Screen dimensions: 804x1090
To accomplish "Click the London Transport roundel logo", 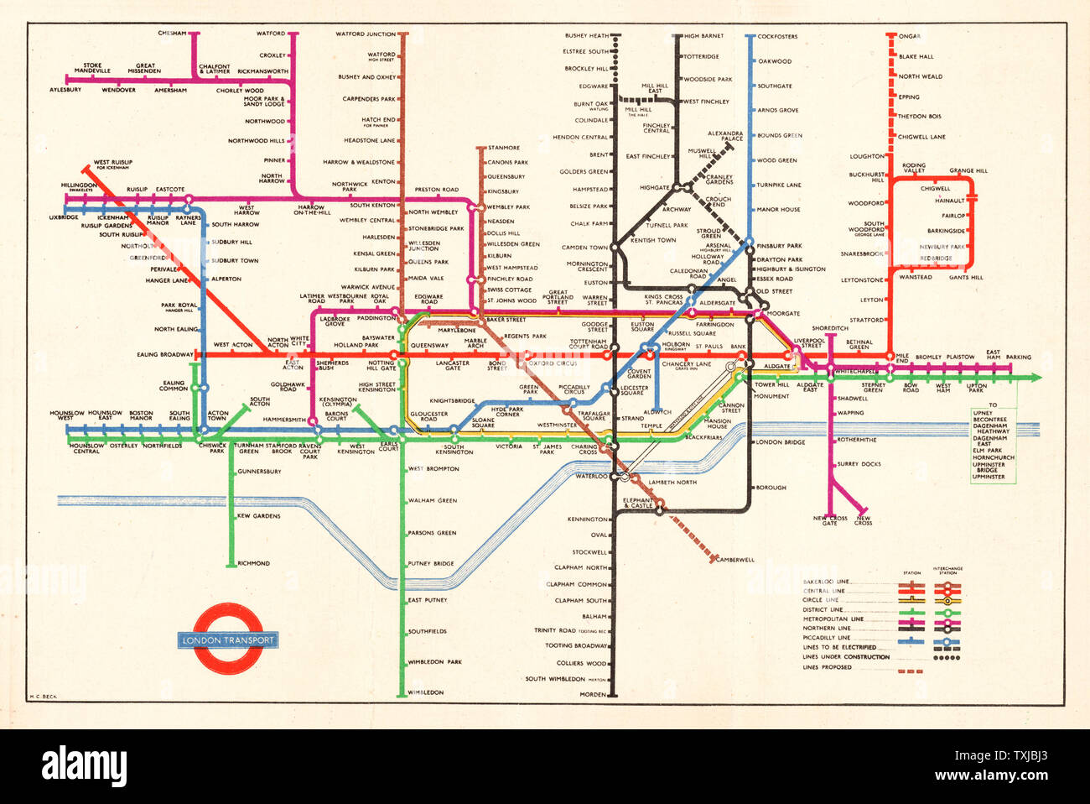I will point(228,639).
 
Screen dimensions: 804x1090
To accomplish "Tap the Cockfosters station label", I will point(777,37).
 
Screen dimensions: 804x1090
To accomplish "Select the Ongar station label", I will point(910,36).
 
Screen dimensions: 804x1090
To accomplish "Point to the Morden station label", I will point(593,695).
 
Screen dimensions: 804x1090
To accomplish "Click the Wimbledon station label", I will point(426,692).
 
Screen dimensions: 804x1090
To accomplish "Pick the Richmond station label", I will point(253,564).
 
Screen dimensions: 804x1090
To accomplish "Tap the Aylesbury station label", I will point(65,90).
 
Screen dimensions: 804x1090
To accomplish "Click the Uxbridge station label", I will point(64,217).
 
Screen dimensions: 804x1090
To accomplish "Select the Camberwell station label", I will point(735,560).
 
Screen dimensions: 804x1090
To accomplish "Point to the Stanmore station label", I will point(504,148).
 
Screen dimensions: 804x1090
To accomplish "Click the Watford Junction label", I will point(366,34).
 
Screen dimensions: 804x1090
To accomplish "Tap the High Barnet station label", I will point(704,36).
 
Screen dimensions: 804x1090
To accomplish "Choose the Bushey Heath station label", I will point(587,36).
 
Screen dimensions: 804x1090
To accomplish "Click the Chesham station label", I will point(172,34).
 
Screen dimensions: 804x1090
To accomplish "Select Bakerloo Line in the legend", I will point(826,582).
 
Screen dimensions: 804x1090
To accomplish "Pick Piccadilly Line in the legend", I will point(826,638).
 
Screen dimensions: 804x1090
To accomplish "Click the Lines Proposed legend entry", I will point(827,668).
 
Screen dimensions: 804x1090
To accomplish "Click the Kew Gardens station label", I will point(258,516).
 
